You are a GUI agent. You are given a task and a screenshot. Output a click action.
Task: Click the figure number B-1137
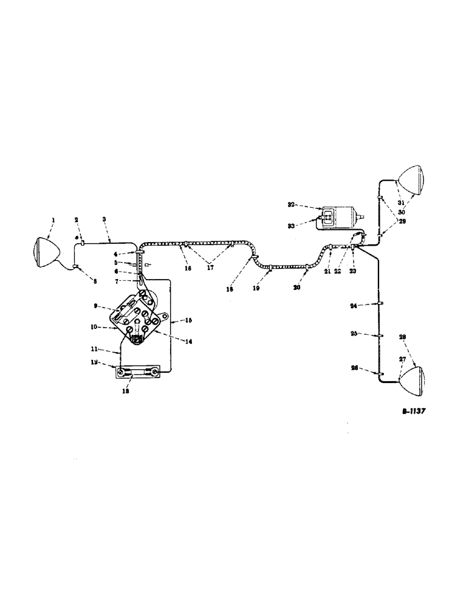(x=413, y=412)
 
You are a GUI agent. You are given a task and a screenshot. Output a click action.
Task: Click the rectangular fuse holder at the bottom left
(x=139, y=371)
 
